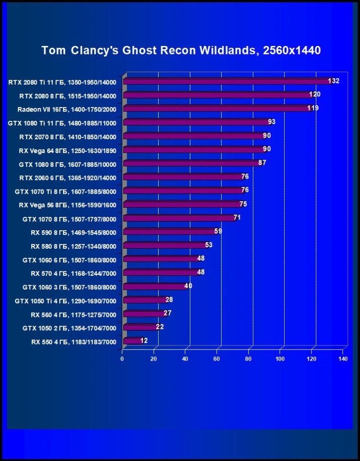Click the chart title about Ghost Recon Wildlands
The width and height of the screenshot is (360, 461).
181,51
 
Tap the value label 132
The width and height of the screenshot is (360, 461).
333,81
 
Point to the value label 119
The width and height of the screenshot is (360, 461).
313,108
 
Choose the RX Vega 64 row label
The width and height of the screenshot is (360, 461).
67,150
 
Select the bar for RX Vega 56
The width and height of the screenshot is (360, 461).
182,205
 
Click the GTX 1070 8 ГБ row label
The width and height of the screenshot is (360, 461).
69,219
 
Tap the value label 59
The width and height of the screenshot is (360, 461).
218,231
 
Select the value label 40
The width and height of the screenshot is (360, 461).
188,286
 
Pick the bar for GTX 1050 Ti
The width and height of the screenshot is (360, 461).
144,300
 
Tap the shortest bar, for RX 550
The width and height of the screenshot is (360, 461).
132,341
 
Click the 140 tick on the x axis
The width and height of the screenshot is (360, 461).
343,359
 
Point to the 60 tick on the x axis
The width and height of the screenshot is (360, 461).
217,359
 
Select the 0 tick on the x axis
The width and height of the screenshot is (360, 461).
122,359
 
